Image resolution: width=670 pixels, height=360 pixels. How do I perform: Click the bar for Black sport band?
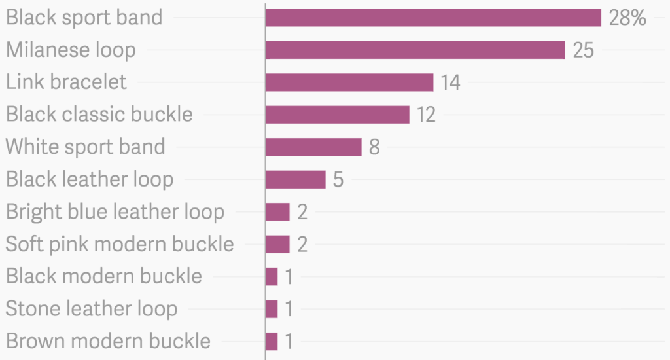coord(433,18)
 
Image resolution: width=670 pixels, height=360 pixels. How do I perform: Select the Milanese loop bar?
coord(415,50)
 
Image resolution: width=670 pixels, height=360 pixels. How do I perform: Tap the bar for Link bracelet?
coord(349,82)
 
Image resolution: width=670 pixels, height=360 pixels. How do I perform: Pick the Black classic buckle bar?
coord(337,115)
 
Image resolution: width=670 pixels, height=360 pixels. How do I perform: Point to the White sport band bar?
coord(313,147)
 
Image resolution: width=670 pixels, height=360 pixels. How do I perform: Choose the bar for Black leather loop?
coord(295,179)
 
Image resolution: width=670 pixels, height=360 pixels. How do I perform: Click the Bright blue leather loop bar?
coord(277,211)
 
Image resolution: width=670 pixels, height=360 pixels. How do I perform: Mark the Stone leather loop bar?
coord(272,309)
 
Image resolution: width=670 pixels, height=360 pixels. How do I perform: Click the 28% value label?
coord(627,18)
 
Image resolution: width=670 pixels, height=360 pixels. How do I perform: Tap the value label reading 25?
coord(583,50)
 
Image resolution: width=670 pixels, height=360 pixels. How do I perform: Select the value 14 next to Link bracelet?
coord(450,82)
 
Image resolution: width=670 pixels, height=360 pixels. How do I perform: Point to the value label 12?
coord(426,115)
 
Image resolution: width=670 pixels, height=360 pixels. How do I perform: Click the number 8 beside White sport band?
coord(374,147)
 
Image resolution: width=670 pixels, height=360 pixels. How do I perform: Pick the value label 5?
coord(338,179)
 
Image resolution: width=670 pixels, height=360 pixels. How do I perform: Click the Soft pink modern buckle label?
coord(120,244)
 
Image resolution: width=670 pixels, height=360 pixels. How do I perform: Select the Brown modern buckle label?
coord(108,341)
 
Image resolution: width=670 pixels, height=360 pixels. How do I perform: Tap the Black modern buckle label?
coord(104,276)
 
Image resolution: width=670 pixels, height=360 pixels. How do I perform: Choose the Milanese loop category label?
coord(71,50)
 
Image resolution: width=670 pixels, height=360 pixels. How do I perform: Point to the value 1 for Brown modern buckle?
coord(289,341)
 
